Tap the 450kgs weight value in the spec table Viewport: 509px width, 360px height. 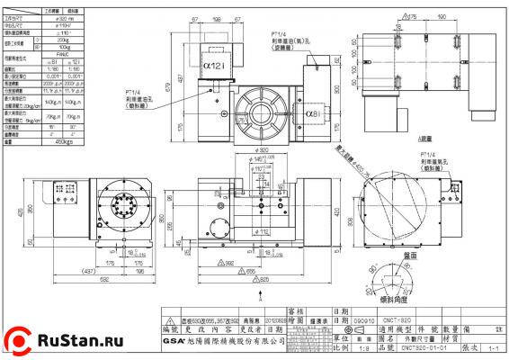[67, 141]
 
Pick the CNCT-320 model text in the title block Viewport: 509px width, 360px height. [397, 319]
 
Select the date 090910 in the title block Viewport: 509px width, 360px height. [364, 319]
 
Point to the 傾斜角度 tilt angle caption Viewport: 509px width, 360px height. [397, 296]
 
